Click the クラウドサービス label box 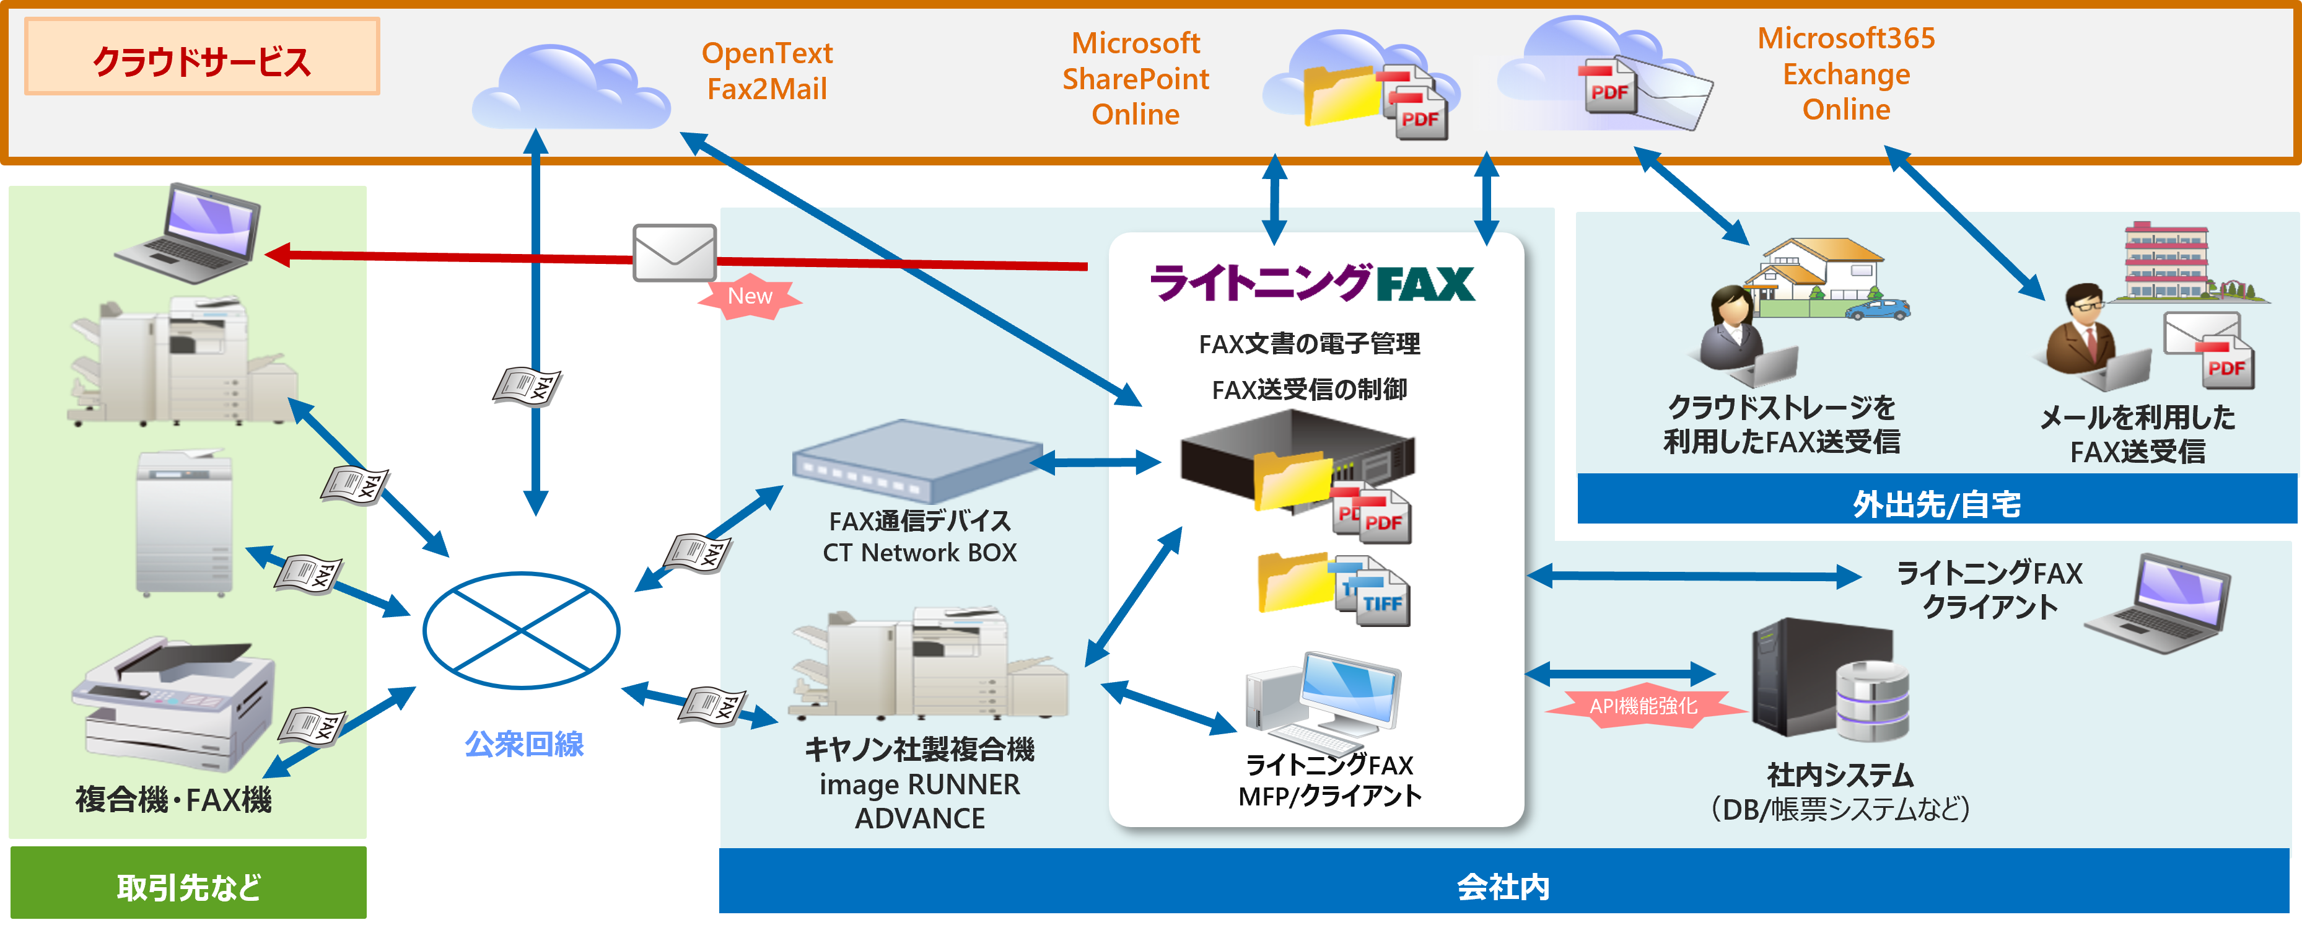[x=202, y=57]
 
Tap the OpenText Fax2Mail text [x=767, y=71]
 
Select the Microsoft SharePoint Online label [x=1135, y=79]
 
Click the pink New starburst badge [x=749, y=297]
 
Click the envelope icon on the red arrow [x=675, y=253]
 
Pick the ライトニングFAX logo [x=1312, y=283]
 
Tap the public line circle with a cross [x=521, y=630]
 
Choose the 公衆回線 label [x=525, y=743]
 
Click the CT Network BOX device [x=916, y=462]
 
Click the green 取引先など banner [x=188, y=886]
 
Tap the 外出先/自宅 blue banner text [x=1936, y=504]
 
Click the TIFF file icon [x=1376, y=594]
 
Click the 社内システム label [x=1839, y=774]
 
